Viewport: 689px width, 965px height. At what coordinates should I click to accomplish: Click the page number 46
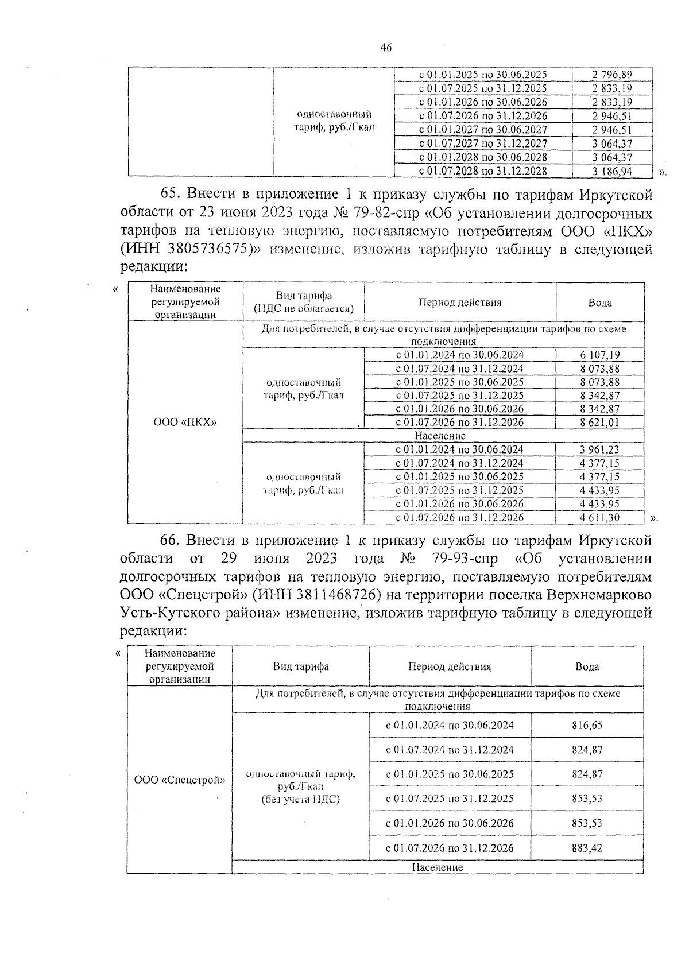tap(386, 48)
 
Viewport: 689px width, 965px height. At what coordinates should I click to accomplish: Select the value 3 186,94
tap(612, 171)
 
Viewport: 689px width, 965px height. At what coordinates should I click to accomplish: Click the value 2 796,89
tap(612, 75)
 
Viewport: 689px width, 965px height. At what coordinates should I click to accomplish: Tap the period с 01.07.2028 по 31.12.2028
tap(483, 171)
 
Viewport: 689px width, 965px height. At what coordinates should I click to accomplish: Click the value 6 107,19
tap(600, 355)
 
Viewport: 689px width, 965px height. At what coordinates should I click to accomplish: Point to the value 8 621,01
tap(600, 423)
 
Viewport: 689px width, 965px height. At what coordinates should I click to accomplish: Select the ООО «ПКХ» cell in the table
tap(185, 423)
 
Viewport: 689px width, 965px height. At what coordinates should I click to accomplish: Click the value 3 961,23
tap(600, 450)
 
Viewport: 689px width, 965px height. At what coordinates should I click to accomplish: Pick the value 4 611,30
tap(600, 518)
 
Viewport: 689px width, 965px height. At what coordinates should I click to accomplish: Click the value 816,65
tap(587, 725)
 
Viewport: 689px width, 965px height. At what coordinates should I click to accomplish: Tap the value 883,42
tap(587, 848)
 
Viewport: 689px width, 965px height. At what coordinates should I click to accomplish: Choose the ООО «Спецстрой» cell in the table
tap(179, 780)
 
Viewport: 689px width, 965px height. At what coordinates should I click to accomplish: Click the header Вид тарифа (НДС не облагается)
tap(304, 303)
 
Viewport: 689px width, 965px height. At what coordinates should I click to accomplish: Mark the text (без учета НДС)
tap(300, 799)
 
